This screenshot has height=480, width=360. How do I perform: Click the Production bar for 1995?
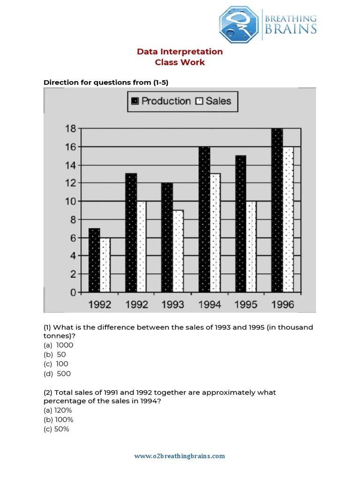pos(240,224)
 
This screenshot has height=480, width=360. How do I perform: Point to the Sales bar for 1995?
pos(251,247)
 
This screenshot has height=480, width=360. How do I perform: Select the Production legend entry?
pos(161,101)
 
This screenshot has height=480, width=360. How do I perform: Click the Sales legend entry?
pos(213,101)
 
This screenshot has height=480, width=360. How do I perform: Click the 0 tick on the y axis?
pos(73,292)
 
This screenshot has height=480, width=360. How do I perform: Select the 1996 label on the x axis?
pos(282,305)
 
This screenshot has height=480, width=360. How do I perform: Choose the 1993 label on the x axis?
pos(172,305)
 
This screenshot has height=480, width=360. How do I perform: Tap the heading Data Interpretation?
pos(180,52)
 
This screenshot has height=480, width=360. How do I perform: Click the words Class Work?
pos(180,62)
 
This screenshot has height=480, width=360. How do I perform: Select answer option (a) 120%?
pos(58,410)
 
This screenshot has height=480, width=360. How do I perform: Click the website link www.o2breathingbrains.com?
pos(180,456)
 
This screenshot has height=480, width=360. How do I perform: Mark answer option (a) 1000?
pos(59,345)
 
